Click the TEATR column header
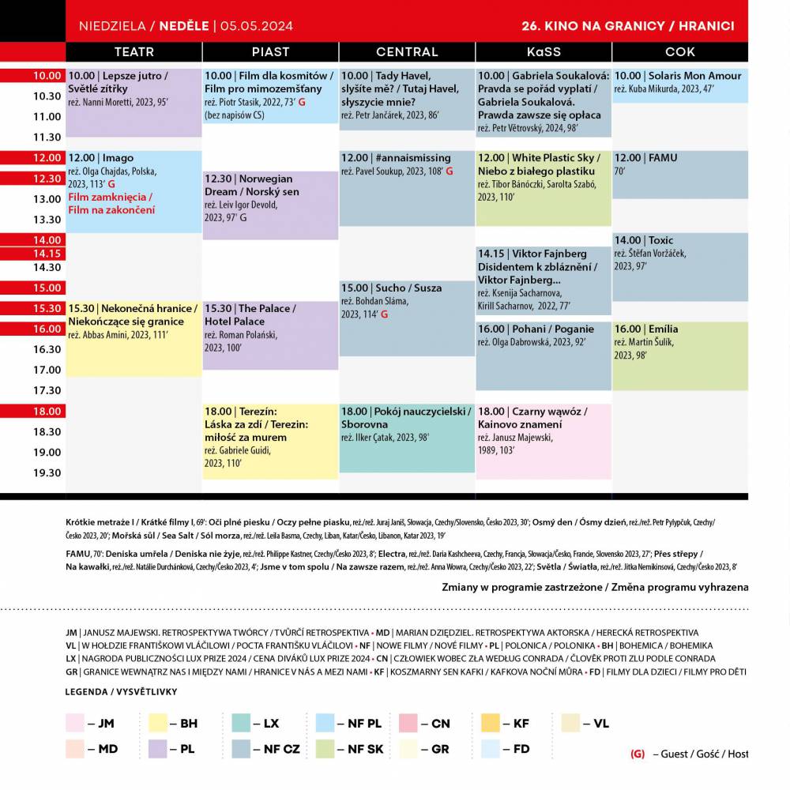(134, 51)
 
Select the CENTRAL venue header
(407, 51)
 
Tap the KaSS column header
(544, 51)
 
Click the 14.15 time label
(47, 254)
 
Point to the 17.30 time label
(47, 390)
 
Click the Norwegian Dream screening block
(270, 205)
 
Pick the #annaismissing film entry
(407, 188)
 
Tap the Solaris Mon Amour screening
(679, 85)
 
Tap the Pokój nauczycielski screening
(407, 438)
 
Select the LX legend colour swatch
(241, 723)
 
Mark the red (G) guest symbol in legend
(638, 754)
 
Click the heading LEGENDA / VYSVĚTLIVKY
(122, 692)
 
